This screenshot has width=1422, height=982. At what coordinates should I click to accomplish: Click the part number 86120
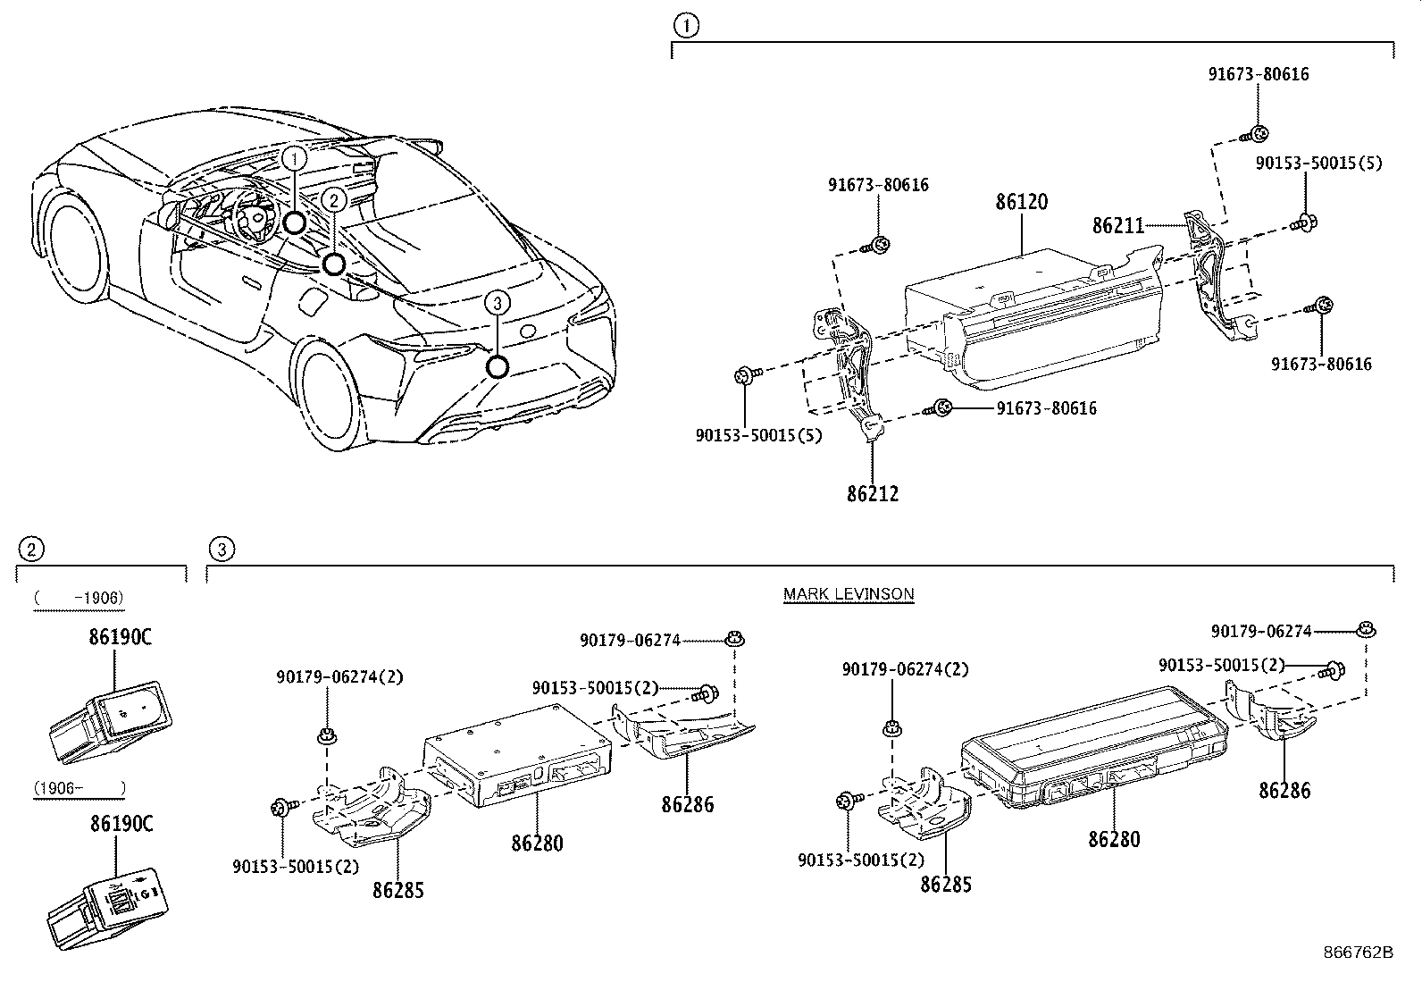point(1022,202)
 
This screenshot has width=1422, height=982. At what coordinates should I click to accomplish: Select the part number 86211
point(1117,225)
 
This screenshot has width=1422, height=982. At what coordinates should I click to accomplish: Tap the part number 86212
point(873,492)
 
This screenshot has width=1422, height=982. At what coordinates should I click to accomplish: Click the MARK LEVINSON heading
point(849,593)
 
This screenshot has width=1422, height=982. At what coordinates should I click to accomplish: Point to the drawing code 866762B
point(1358,952)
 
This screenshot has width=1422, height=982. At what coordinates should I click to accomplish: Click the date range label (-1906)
point(78,598)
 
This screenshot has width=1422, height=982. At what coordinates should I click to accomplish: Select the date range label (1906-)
point(78,788)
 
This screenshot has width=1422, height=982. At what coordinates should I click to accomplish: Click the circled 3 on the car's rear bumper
point(498,303)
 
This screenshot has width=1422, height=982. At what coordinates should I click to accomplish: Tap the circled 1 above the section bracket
point(685,27)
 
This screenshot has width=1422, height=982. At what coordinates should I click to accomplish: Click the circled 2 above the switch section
point(30,549)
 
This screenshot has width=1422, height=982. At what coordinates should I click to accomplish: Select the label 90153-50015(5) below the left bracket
point(758,435)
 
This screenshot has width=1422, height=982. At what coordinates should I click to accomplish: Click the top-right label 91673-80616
point(1259,74)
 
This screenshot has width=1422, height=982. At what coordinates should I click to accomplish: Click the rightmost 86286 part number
point(1284,790)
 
